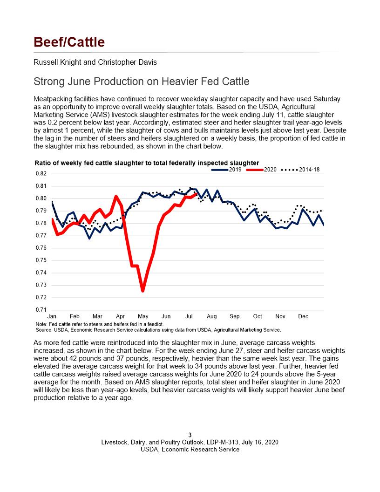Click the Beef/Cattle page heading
pyautogui.click(x=69, y=42)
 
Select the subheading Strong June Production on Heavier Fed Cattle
pyautogui.click(x=142, y=82)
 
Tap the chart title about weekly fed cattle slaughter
pyautogui.click(x=147, y=163)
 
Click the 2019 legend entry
pyautogui.click(x=226, y=170)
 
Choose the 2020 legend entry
pyautogui.click(x=262, y=170)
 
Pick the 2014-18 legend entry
pyautogui.click(x=300, y=170)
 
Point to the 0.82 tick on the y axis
pyautogui.click(x=41, y=173)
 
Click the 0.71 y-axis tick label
pyautogui.click(x=41, y=310)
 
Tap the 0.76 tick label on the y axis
pyautogui.click(x=41, y=248)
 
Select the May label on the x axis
pyautogui.click(x=143, y=316)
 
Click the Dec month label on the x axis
pyautogui.click(x=303, y=316)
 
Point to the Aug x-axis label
pyautogui.click(x=211, y=316)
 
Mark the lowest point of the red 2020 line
pyautogui.click(x=143, y=291)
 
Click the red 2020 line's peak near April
pyautogui.click(x=116, y=196)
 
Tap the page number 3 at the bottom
pyautogui.click(x=190, y=435)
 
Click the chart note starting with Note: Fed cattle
pyautogui.click(x=100, y=324)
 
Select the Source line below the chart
pyautogui.click(x=158, y=330)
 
